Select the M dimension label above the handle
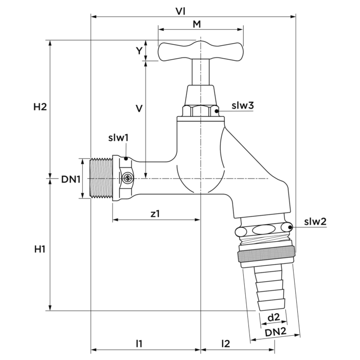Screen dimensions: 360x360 (x=197, y=24)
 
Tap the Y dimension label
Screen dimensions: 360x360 (x=138, y=50)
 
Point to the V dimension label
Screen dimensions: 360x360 (x=138, y=109)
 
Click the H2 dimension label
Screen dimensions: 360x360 (x=40, y=107)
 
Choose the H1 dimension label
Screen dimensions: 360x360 (x=40, y=249)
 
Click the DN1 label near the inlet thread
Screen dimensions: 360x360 (x=71, y=179)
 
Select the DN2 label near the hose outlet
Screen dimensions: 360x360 (x=276, y=333)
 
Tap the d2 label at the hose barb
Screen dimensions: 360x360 (x=273, y=317)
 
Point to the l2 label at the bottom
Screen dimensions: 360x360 (x=226, y=343)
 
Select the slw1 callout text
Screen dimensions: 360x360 (x=118, y=138)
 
